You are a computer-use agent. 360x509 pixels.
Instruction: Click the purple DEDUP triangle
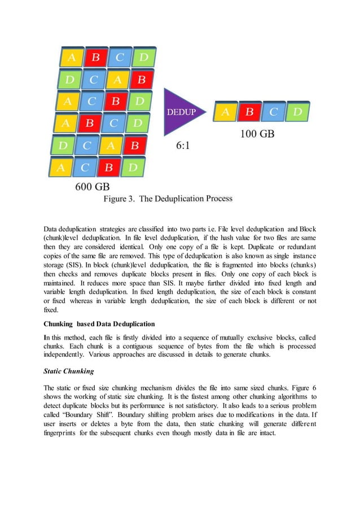point(179,111)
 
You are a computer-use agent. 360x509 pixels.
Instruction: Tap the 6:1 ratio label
point(184,145)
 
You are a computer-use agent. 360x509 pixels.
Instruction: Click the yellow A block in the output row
point(225,112)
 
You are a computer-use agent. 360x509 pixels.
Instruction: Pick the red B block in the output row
point(249,112)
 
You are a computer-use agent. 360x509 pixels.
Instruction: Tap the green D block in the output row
point(297,112)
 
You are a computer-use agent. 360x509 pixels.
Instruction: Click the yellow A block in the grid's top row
point(72,57)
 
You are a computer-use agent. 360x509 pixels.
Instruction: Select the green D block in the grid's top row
point(143,57)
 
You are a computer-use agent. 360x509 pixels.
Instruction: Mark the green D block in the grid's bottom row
point(133,168)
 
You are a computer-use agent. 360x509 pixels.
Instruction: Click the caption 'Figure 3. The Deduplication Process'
point(167,199)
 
